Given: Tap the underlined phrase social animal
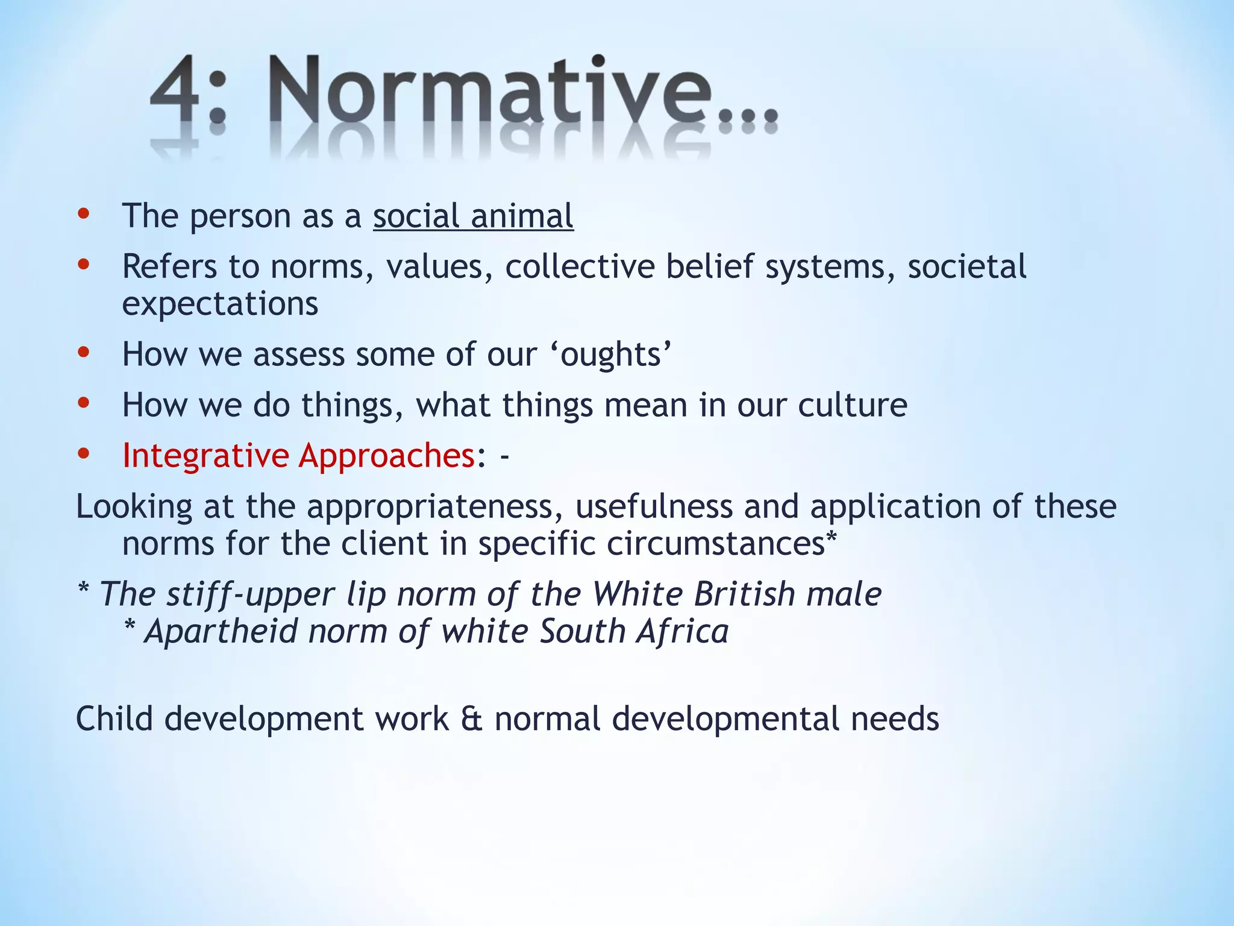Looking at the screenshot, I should (473, 216).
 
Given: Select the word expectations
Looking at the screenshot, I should (220, 304).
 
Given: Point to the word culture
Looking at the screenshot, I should (852, 405).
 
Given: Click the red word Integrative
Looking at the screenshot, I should (205, 456).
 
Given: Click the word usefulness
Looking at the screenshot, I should (654, 506).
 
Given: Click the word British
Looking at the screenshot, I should (745, 594).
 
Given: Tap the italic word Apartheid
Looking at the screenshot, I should (222, 632).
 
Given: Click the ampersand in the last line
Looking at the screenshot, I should (472, 719).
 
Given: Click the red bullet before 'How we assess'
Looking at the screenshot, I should (84, 352).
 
